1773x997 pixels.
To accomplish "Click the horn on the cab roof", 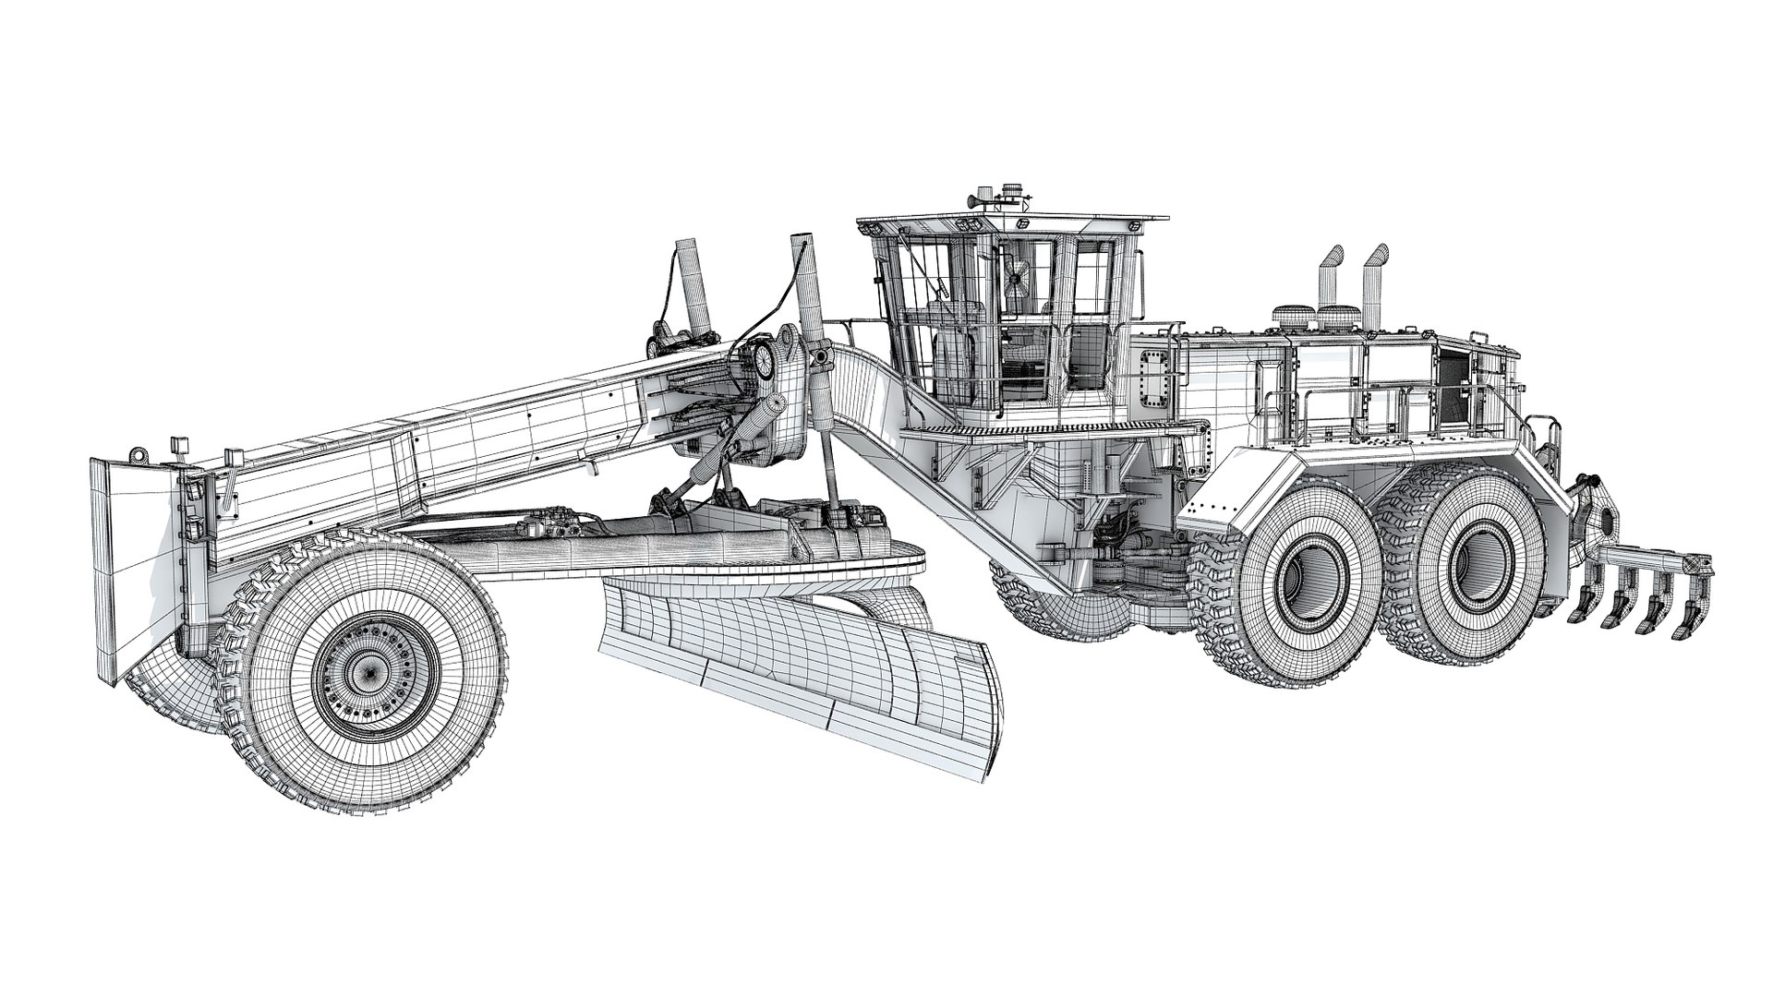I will tap(975, 198).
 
